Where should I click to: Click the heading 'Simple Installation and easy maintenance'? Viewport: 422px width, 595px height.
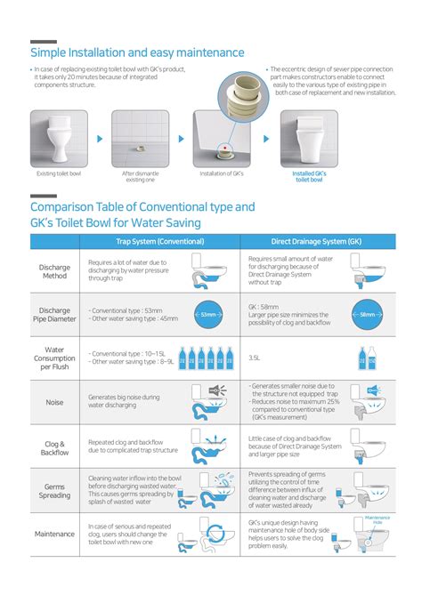click(x=125, y=52)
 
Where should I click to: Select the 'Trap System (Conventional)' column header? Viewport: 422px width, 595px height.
click(x=160, y=242)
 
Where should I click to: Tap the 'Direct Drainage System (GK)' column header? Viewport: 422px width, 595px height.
click(x=317, y=242)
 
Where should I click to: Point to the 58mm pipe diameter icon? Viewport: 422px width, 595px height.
click(x=366, y=315)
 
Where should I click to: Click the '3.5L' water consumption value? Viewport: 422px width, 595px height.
click(x=254, y=358)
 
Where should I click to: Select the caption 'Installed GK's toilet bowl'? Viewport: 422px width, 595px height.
click(x=308, y=176)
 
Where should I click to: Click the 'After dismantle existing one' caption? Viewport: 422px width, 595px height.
click(x=140, y=176)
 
